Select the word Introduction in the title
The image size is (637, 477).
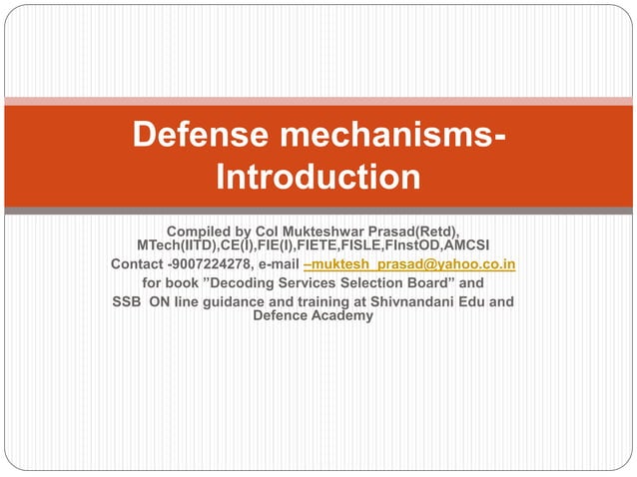(318, 178)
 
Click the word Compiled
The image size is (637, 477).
(204, 233)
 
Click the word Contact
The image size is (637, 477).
(137, 264)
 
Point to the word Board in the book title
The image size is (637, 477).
(441, 282)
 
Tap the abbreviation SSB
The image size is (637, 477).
(128, 300)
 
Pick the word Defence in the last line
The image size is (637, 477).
(284, 315)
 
